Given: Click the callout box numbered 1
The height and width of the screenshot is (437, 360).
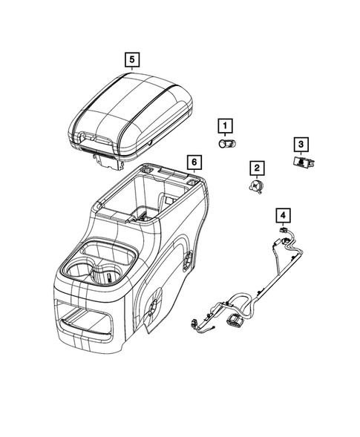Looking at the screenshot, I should tap(224, 125).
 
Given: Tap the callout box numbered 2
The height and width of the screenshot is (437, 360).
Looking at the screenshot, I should tap(256, 169).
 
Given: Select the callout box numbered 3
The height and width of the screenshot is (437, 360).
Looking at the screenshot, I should tap(301, 143).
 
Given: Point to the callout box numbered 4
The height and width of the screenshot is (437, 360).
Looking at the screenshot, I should tap(283, 215).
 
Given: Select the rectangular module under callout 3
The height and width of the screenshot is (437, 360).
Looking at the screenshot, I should tap(302, 162).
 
